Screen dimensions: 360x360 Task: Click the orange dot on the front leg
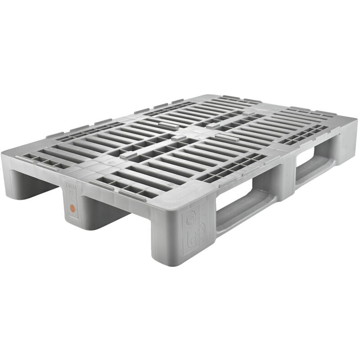(x=71, y=208)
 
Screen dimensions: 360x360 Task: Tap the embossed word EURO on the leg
(x=71, y=185)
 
